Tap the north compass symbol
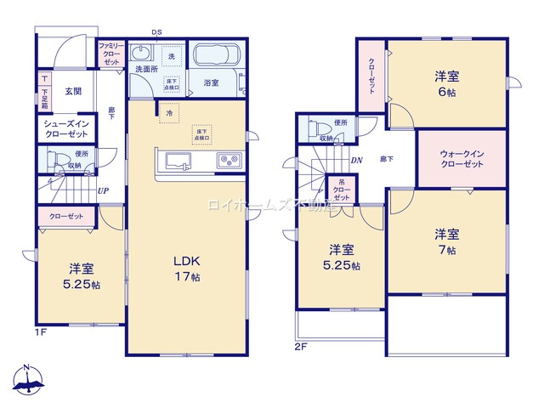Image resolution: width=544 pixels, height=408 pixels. tap(27, 381)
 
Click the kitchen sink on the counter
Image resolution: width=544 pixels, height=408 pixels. tap(179, 159)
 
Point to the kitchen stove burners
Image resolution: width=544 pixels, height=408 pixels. tap(228, 159)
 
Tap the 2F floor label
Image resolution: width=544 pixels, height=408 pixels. tap(300, 346)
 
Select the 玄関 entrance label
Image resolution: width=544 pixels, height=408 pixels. tap(71, 91)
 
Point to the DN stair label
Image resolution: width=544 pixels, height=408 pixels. tap(357, 159)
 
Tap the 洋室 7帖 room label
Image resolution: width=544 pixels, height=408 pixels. tap(447, 241)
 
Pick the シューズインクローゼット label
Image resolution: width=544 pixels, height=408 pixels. tap(66, 129)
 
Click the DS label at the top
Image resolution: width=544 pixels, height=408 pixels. tap(156, 32)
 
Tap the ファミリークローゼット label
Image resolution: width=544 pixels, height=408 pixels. tap(110, 53)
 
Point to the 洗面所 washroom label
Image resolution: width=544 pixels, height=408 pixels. tap(145, 70)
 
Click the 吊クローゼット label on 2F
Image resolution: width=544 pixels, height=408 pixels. tap(342, 188)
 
